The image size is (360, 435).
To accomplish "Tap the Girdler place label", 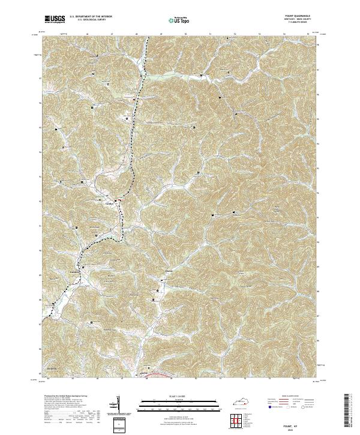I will [x=109, y=203].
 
